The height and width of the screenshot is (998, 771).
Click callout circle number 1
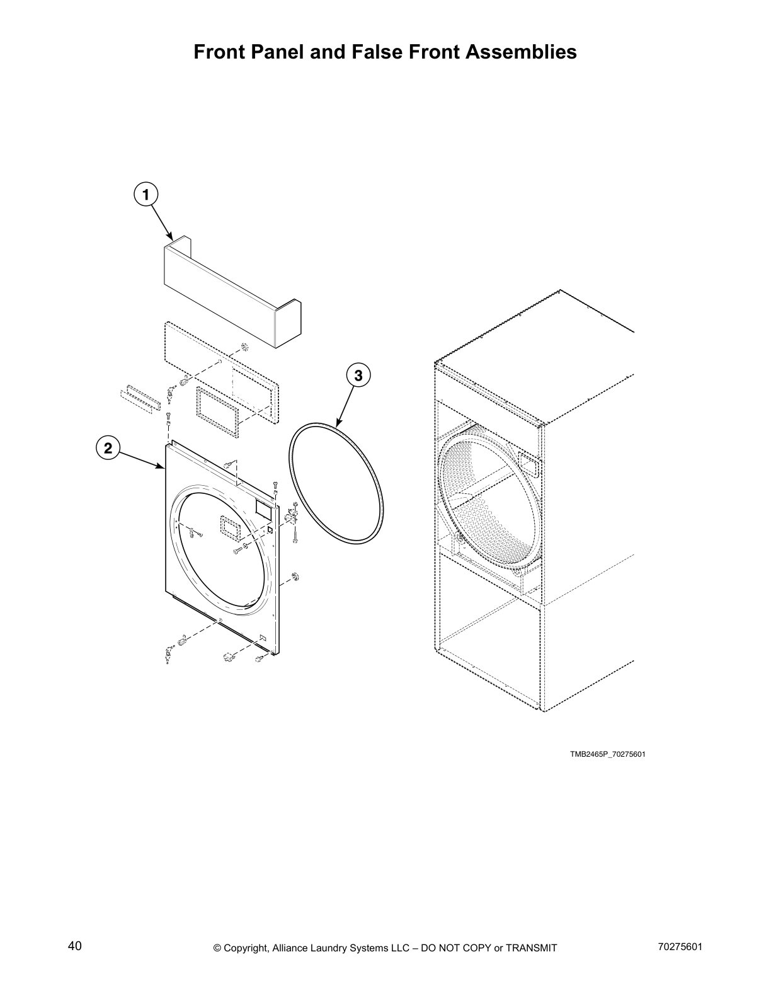click(x=146, y=195)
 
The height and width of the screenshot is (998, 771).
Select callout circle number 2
click(x=108, y=449)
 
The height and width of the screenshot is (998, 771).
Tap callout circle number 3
click(x=358, y=376)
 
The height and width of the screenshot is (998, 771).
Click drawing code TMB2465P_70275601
click(x=608, y=754)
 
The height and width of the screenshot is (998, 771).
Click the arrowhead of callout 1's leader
click(x=171, y=238)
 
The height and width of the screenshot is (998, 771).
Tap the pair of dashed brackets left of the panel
click(x=138, y=398)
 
